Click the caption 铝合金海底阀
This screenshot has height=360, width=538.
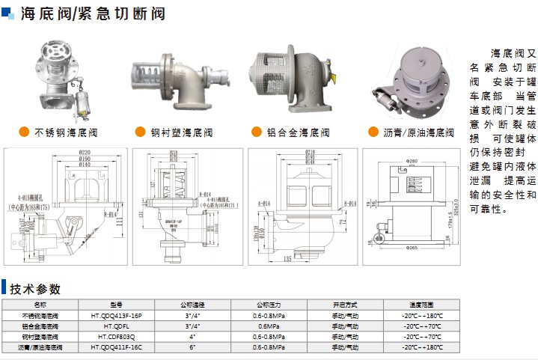(298, 133)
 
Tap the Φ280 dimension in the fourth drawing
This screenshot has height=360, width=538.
(412, 162)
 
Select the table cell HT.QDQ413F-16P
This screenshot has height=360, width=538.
(116, 316)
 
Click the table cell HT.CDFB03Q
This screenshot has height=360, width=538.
(116, 337)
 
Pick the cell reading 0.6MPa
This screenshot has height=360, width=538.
(267, 326)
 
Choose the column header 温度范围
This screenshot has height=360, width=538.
(422, 305)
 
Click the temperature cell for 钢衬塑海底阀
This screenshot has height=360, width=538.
(422, 337)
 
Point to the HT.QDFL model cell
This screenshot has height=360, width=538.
(116, 326)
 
